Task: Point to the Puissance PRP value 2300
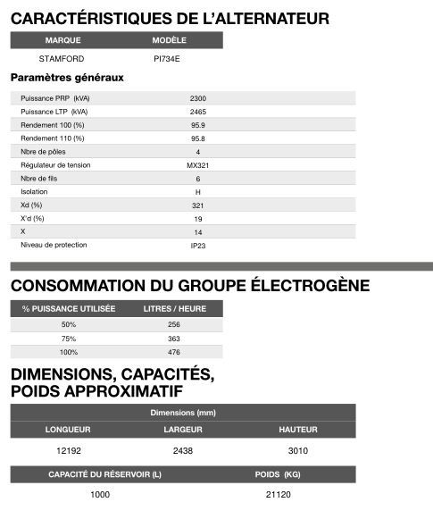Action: [x=197, y=97]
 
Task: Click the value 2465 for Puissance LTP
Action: [x=197, y=112]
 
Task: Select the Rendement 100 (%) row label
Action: [x=53, y=125]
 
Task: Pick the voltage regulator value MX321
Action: [x=197, y=165]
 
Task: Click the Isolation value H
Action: [x=197, y=192]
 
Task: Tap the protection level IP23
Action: [x=197, y=245]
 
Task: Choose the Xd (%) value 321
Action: [x=197, y=205]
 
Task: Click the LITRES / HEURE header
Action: [x=174, y=308]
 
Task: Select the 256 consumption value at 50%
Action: [x=174, y=324]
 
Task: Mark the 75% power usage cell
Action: [x=69, y=339]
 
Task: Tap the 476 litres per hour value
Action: [x=174, y=353]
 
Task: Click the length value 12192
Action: [x=68, y=451]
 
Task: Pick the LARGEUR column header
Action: [x=183, y=430]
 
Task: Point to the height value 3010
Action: [x=298, y=451]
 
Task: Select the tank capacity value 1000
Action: [x=100, y=495]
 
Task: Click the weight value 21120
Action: [x=279, y=495]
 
